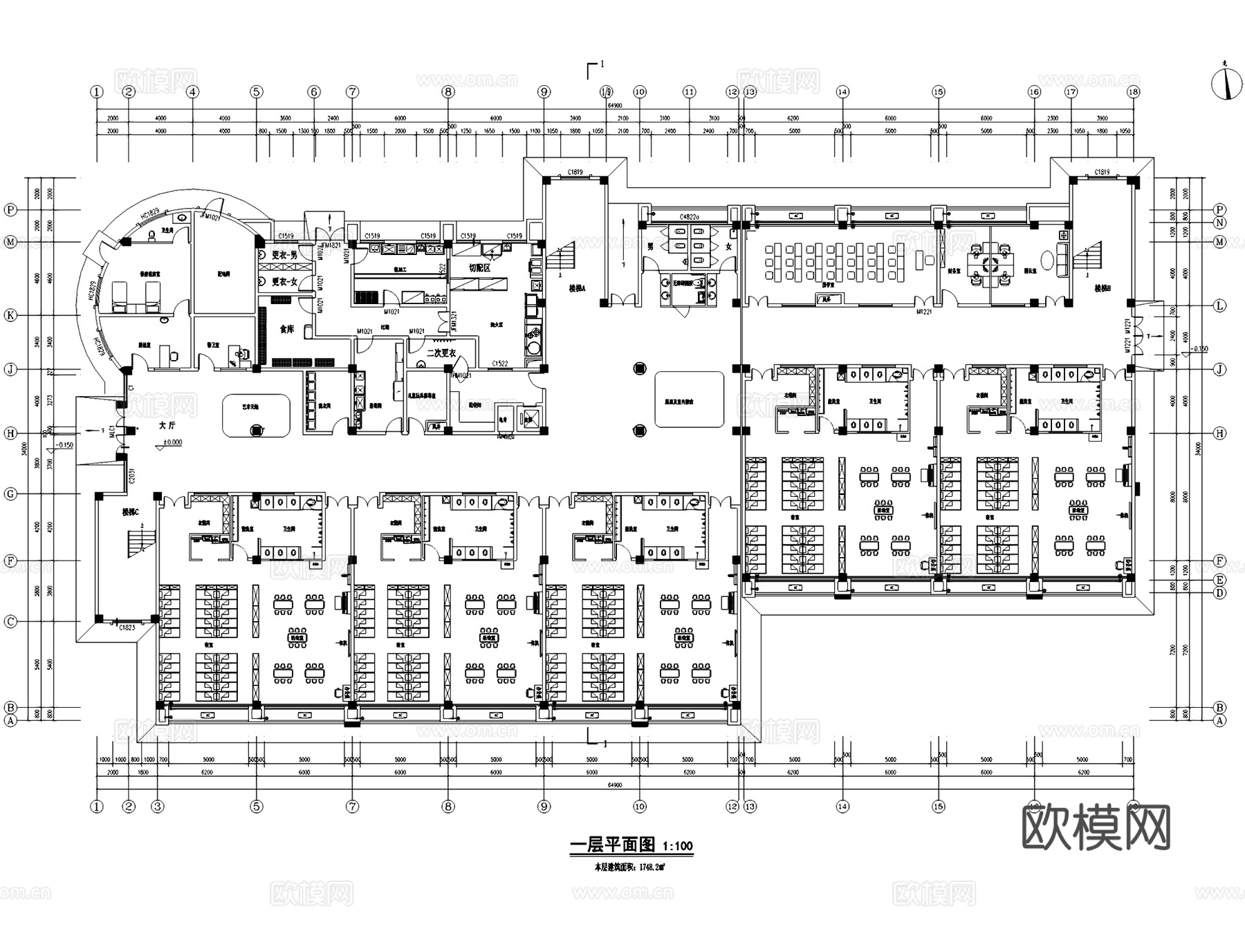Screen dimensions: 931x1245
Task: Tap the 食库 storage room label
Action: [286, 329]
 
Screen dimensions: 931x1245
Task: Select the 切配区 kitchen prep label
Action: [479, 267]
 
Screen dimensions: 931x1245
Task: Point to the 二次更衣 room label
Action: [441, 352]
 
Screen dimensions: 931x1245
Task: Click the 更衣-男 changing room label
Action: [284, 254]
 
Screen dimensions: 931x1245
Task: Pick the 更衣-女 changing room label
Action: [284, 282]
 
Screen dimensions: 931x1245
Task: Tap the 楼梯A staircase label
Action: [577, 289]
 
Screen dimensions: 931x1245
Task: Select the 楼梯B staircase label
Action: [1102, 288]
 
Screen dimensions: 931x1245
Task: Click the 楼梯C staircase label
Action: [130, 512]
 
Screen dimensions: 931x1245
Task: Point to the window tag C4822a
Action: [690, 216]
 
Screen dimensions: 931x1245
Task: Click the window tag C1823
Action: [127, 628]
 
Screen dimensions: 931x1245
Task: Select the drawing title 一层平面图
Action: [612, 845]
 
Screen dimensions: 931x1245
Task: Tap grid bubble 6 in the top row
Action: [315, 92]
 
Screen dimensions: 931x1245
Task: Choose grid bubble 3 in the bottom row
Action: [158, 806]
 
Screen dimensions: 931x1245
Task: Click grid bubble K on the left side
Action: [10, 315]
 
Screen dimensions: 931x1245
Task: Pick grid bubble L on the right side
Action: [1219, 305]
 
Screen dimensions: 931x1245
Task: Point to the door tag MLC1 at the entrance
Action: [111, 431]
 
